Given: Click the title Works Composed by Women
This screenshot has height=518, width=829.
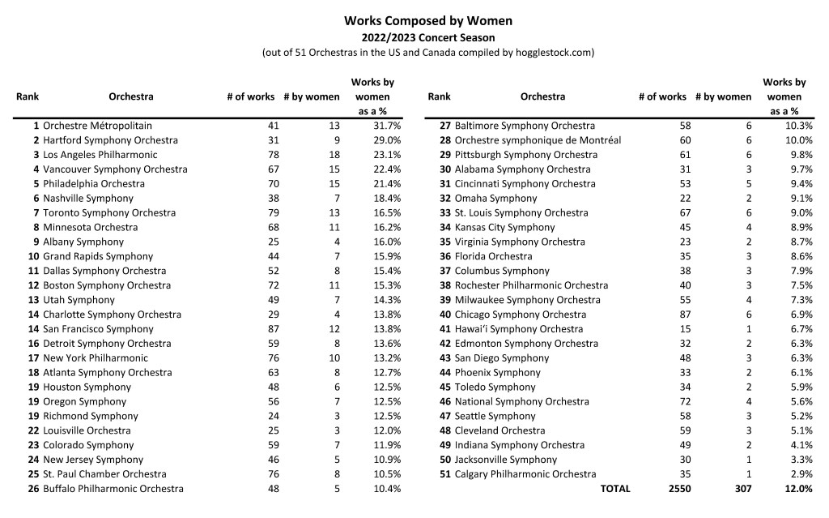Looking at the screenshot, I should (x=428, y=20).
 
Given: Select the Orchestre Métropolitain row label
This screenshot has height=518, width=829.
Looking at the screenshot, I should (x=97, y=126).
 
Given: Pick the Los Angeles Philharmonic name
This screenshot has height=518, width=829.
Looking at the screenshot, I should (x=100, y=155).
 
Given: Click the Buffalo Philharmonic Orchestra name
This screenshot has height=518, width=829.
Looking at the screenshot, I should (x=113, y=489).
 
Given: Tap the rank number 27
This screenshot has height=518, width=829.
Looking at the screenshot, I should (x=444, y=126).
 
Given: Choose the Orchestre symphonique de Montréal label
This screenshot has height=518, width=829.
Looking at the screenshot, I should (x=538, y=140).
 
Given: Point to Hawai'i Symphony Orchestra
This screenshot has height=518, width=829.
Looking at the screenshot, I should (x=518, y=329).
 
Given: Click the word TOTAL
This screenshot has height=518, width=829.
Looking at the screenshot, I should (x=614, y=489).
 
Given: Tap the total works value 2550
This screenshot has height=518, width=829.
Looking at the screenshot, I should (x=680, y=489).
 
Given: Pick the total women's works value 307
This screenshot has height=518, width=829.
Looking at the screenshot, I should (x=742, y=489).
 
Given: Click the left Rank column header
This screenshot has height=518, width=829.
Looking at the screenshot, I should (x=28, y=96).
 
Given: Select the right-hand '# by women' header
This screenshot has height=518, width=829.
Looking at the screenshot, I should (x=723, y=96).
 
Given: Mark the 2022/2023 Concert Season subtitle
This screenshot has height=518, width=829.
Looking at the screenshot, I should (x=428, y=37).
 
